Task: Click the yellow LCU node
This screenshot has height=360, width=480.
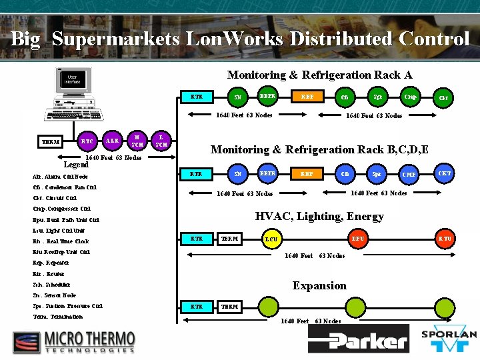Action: coord(271,238)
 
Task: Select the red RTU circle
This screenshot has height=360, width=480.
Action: coord(445,238)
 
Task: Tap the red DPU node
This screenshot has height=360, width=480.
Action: coord(359,238)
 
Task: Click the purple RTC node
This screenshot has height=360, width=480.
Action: coord(87,141)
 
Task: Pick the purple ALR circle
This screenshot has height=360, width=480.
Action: coord(113,141)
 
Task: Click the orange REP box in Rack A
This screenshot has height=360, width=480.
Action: coord(307,97)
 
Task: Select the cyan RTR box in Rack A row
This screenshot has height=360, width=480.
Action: coord(197,97)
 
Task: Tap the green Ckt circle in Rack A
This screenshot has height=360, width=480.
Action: coord(443,99)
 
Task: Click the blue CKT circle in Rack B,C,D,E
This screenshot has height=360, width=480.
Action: coord(445,173)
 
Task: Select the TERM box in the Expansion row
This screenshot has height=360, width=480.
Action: coord(230,307)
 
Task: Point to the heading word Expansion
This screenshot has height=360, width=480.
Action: coord(319,285)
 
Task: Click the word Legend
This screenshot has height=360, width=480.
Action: coord(76,164)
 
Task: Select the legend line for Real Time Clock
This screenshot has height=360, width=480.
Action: coord(61,241)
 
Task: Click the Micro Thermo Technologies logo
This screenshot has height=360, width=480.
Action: coord(73,342)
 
